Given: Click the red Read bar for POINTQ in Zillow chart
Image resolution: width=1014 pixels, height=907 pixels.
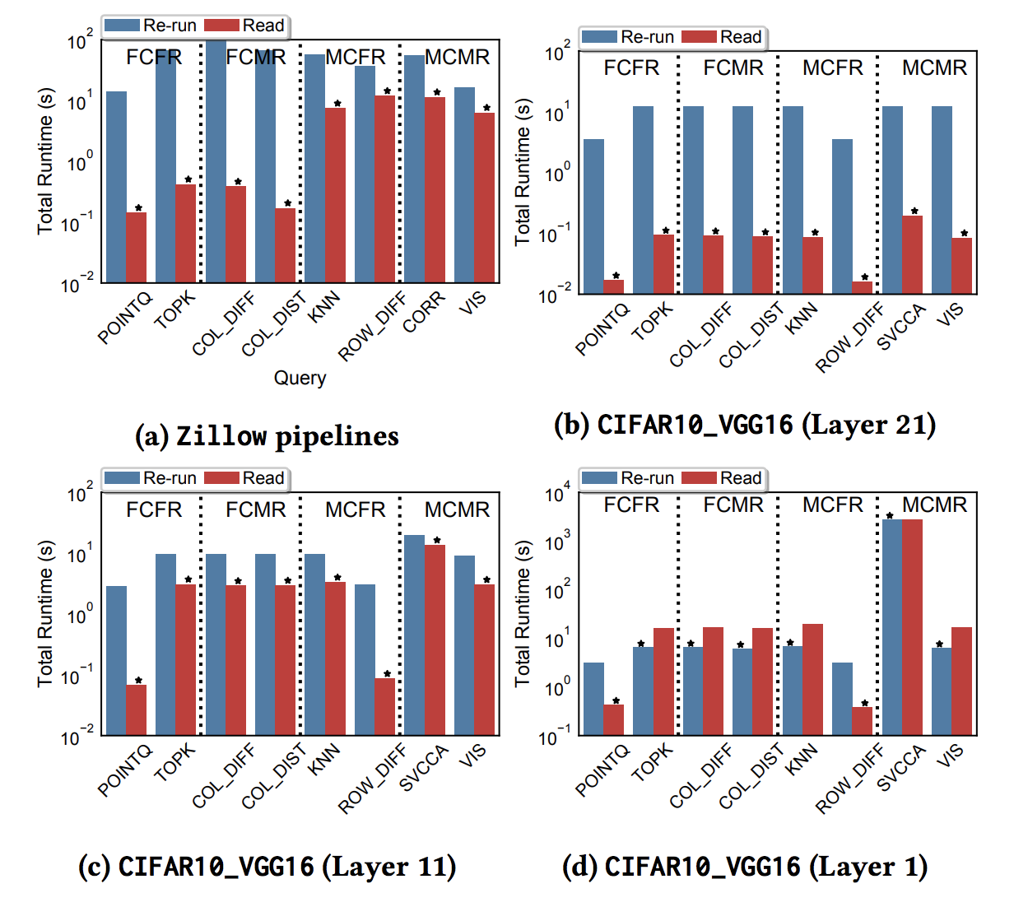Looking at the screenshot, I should pos(137,247).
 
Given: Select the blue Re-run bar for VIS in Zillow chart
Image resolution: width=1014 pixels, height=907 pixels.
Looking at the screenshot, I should pos(464,184).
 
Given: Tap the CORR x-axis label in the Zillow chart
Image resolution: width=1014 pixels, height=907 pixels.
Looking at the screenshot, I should pos(425,312).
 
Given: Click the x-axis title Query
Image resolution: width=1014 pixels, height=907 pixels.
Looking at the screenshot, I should pos(300,378).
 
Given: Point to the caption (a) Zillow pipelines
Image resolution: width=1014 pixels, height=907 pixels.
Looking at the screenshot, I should pos(267,435).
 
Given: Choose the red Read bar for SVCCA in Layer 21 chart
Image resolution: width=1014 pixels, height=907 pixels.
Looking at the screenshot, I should pos(912,254).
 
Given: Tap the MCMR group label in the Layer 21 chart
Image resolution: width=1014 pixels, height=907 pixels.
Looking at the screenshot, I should pos(934,67).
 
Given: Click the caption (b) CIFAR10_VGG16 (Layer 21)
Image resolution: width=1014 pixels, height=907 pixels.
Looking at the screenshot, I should pos(745,425).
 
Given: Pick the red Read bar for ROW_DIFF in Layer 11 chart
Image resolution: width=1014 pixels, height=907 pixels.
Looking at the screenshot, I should pos(385,706).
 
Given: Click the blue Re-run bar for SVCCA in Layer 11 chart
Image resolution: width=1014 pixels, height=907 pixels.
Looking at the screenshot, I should pos(414,635).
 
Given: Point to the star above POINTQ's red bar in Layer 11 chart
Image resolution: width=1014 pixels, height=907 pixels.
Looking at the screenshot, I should pos(138,681).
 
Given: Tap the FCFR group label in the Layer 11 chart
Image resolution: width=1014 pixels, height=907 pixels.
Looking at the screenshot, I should pos(154,509).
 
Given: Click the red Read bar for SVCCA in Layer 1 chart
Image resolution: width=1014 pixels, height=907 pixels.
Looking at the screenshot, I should pos(912,626).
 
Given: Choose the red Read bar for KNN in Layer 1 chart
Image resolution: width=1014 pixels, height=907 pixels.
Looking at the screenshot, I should pos(812,679).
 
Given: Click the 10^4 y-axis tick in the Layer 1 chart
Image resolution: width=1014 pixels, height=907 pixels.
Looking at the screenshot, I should pos(557,495).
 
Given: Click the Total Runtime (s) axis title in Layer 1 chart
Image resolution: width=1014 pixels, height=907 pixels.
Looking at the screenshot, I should pos(523,613).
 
